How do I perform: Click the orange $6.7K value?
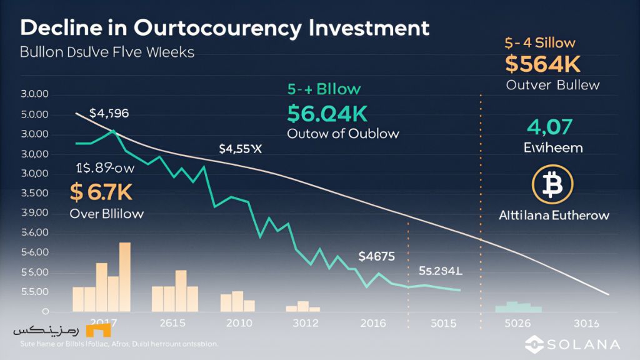pos(102,193)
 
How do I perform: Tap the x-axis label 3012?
pos(304,323)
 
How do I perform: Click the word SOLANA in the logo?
pos(584,344)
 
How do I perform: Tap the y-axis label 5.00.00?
pos(34,114)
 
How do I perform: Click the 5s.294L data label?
pos(441,271)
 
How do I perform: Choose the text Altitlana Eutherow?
pos(554,216)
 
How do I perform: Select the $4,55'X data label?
pos(240,149)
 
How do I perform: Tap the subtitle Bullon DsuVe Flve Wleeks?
pos(99,52)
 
